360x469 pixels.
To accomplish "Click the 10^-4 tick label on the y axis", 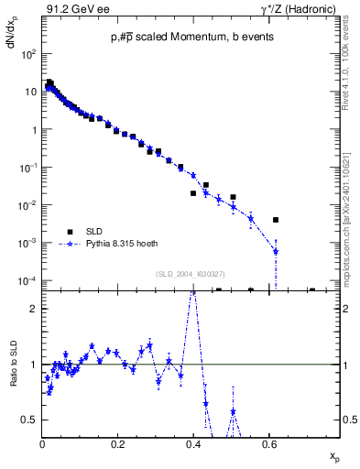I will coord(28,280).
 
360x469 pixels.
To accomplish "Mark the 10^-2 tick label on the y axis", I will coord(28,205).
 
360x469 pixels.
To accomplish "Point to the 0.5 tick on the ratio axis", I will coord(31,420).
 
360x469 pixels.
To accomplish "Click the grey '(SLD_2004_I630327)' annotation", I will coord(191,273).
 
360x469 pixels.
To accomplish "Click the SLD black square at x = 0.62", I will coord(276,220).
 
